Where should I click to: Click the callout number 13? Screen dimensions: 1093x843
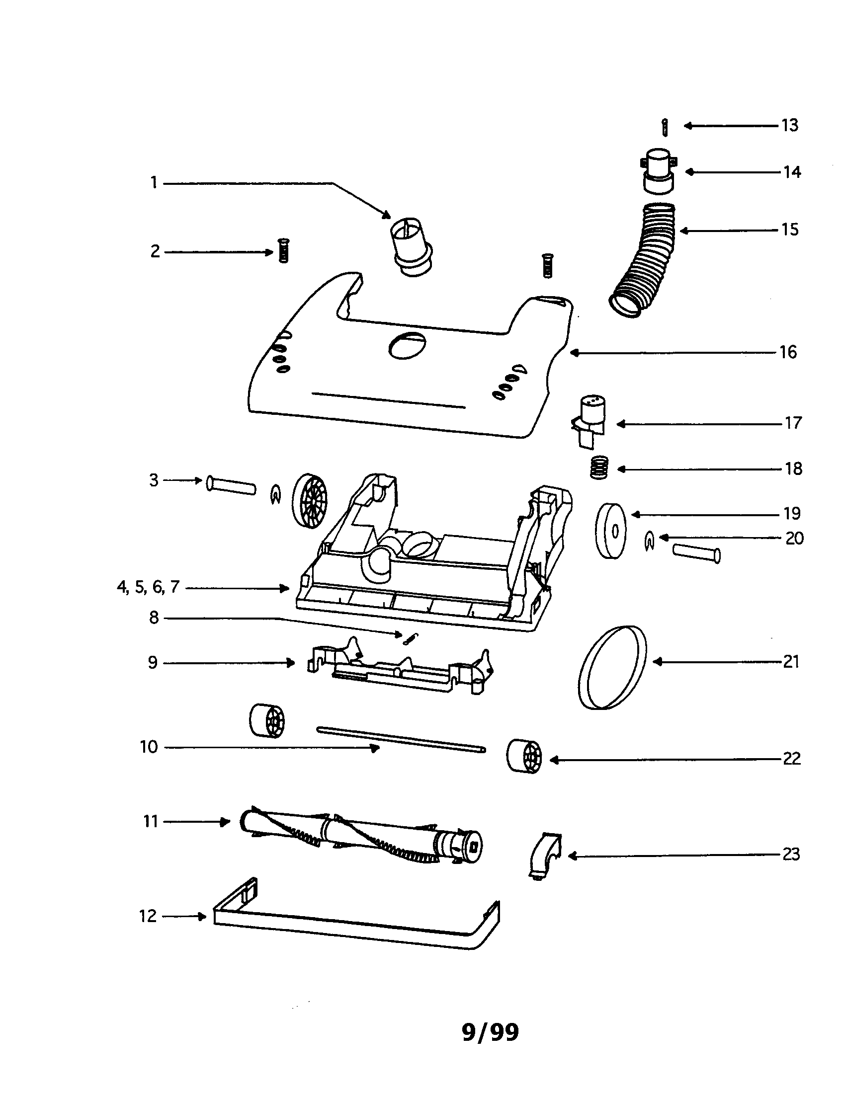click(789, 125)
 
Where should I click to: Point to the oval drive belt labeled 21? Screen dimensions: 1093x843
click(612, 667)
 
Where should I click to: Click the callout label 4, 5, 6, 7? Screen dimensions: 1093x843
click(148, 587)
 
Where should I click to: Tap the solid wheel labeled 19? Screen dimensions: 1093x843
click(611, 531)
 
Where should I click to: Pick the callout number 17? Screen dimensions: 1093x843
click(793, 423)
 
